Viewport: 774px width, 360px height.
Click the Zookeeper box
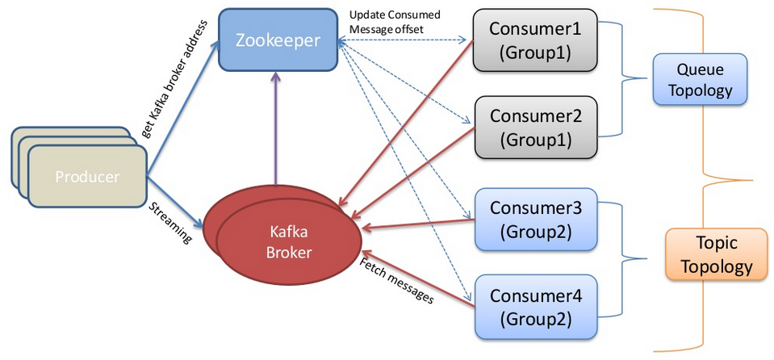(278, 39)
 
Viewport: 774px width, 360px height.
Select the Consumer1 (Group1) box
(535, 40)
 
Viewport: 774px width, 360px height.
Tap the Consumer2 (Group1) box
(535, 127)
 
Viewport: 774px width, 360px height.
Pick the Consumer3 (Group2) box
(535, 219)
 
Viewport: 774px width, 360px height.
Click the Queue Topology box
(699, 78)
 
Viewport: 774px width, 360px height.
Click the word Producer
(87, 177)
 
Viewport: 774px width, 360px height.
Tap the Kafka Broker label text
(288, 241)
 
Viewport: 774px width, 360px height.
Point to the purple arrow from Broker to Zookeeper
(277, 129)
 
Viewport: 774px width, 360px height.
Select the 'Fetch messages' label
(396, 283)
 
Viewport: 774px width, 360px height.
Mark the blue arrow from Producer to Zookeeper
(182, 112)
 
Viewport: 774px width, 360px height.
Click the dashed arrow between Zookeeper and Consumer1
(404, 39)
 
